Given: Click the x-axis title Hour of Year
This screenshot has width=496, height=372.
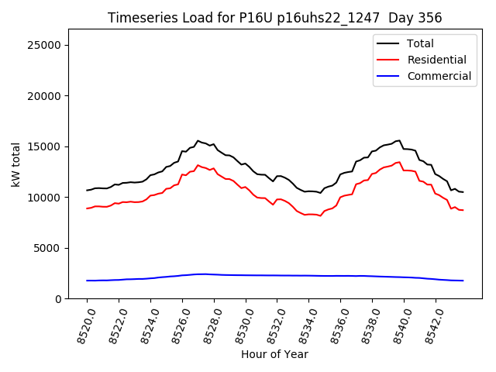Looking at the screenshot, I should [x=274, y=354].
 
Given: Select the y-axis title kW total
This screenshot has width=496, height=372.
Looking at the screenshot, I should [x=15, y=164].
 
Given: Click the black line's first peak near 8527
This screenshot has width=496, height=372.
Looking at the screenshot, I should [x=198, y=141].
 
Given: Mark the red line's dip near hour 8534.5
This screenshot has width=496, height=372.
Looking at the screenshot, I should [x=320, y=215].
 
